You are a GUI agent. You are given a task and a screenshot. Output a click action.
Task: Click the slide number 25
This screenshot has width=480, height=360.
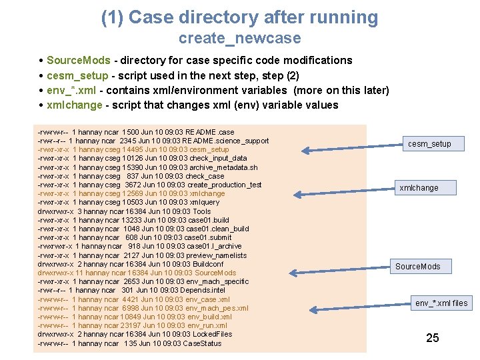pyautogui.click(x=433, y=338)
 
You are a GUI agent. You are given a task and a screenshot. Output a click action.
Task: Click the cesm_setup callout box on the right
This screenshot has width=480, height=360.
pyautogui.click(x=429, y=144)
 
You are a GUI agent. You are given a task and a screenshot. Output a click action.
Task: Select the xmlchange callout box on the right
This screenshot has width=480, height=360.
pyautogui.click(x=419, y=188)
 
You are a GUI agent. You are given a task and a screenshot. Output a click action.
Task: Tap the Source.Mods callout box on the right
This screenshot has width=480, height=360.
pyautogui.click(x=418, y=267)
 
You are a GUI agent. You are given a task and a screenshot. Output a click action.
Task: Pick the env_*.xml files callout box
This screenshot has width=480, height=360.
pyautogui.click(x=441, y=303)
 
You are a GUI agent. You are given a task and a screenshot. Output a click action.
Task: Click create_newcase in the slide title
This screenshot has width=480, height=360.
pyautogui.click(x=239, y=39)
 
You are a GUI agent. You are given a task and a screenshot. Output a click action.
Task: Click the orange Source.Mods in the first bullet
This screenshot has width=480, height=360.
pyautogui.click(x=74, y=61)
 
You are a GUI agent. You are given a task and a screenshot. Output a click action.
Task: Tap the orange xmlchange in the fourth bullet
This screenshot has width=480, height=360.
pyautogui.click(x=74, y=105)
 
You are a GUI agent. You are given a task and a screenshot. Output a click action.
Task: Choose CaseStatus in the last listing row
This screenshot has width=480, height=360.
pyautogui.click(x=201, y=343)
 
